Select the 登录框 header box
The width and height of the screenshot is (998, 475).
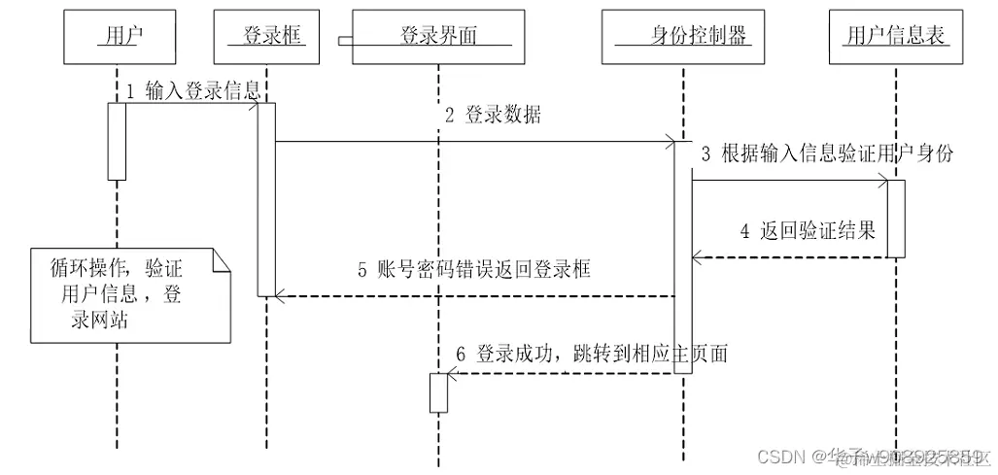(x=266, y=37)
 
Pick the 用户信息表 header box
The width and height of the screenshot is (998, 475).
(x=896, y=37)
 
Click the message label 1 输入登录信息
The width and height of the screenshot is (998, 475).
(x=193, y=91)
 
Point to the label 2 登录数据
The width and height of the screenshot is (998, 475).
(x=492, y=115)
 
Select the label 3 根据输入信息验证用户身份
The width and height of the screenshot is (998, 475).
(x=827, y=153)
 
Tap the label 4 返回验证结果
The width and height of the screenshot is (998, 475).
(x=808, y=231)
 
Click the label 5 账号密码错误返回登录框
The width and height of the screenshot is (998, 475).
(x=473, y=270)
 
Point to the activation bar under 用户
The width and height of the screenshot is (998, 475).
(x=117, y=141)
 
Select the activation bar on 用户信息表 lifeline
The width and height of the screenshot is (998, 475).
(x=896, y=218)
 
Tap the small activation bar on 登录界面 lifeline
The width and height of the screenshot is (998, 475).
(x=438, y=392)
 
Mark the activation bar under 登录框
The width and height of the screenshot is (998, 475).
(x=266, y=199)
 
